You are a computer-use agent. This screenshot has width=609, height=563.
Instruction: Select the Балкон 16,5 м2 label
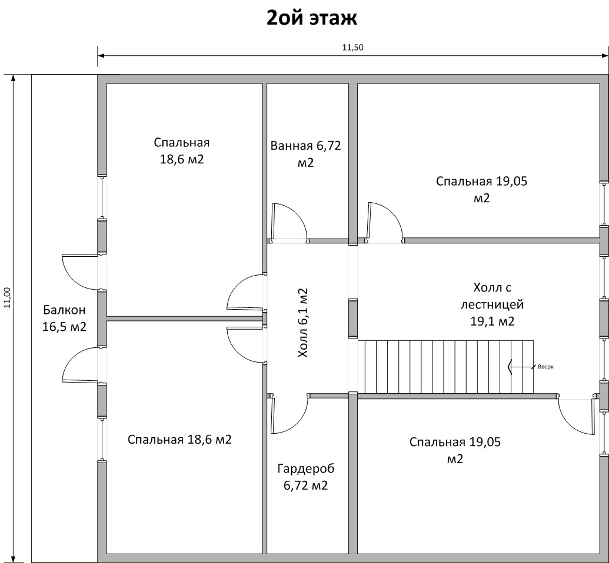[x=64, y=318]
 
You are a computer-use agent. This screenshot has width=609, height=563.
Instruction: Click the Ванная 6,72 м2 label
[x=306, y=154]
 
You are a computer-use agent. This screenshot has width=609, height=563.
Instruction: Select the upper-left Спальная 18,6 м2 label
[x=182, y=151]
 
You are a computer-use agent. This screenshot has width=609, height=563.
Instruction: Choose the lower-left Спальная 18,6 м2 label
[x=179, y=440]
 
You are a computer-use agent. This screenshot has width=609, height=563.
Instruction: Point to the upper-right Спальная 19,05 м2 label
[x=481, y=189]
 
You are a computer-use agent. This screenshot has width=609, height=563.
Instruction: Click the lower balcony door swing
[x=79, y=365]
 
